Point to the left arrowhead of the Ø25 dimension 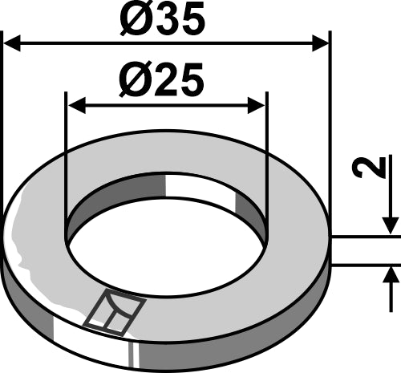75,104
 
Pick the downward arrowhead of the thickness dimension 391,229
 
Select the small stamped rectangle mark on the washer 115,311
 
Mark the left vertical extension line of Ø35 3,120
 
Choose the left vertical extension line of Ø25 67,160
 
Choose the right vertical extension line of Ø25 265,160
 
